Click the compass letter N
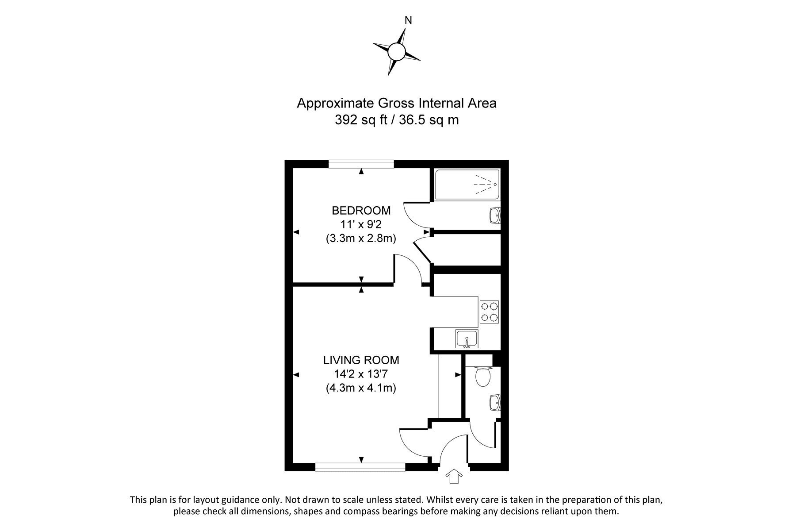[x=409, y=20]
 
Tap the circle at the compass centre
[x=396, y=52]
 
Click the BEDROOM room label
[x=361, y=210]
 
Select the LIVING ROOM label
[x=361, y=360]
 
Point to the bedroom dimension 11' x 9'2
[x=361, y=224]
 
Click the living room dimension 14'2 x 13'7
[x=361, y=374]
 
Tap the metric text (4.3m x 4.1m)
[x=361, y=388]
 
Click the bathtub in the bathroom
[x=467, y=184]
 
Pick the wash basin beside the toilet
[x=495, y=403]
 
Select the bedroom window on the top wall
[x=361, y=164]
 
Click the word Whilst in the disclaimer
[x=440, y=500]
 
